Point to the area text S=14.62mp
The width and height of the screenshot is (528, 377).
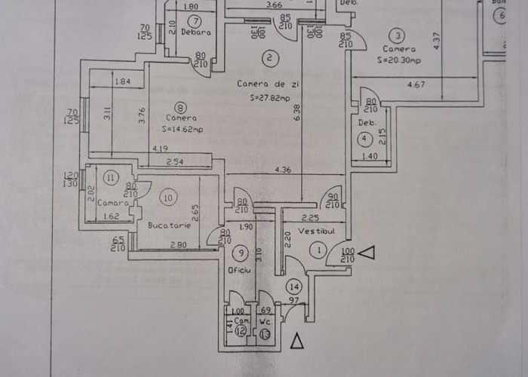[182, 130]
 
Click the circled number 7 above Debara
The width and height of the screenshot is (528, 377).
[195, 21]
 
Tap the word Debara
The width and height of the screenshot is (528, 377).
[195, 33]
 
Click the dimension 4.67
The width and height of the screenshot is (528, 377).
[416, 85]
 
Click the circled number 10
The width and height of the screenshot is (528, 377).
[168, 198]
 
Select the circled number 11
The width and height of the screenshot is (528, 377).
[111, 178]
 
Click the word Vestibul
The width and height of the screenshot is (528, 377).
[315, 230]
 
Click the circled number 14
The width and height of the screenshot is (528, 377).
[293, 287]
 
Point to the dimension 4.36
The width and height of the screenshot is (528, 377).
[283, 169]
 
